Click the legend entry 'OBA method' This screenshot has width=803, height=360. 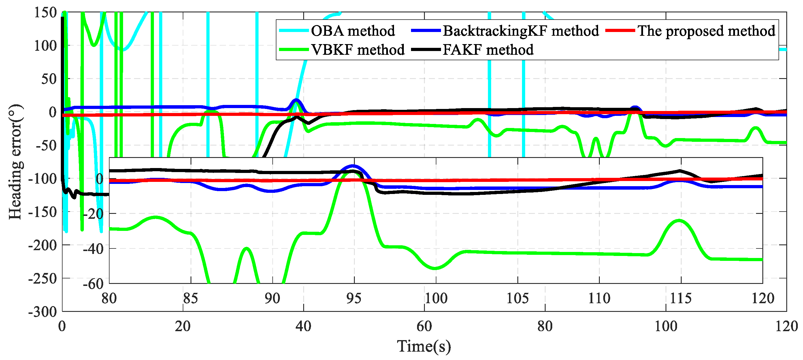(x=353, y=31)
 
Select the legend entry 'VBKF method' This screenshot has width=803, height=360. (x=358, y=50)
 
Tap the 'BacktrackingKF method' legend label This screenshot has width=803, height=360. (x=521, y=31)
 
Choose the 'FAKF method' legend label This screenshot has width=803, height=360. (x=488, y=50)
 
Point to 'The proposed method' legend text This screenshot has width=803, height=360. (x=706, y=31)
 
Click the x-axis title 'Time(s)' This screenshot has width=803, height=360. (x=424, y=346)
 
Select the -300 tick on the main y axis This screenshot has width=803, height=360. (x=43, y=312)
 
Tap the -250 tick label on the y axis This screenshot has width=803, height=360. (x=43, y=278)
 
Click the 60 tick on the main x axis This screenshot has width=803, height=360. (x=424, y=326)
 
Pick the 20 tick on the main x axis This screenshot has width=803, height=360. (x=183, y=326)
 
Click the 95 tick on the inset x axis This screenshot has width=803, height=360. (x=354, y=298)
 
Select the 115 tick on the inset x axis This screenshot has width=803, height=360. (x=681, y=298)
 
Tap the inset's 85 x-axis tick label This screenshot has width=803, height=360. (x=191, y=298)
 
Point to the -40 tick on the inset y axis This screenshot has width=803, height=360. (x=93, y=249)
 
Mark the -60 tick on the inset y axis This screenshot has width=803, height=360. (x=93, y=284)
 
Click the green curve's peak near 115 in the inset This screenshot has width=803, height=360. (x=679, y=220)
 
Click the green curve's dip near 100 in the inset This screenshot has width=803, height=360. (x=436, y=268)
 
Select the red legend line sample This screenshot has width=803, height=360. (x=620, y=31)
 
